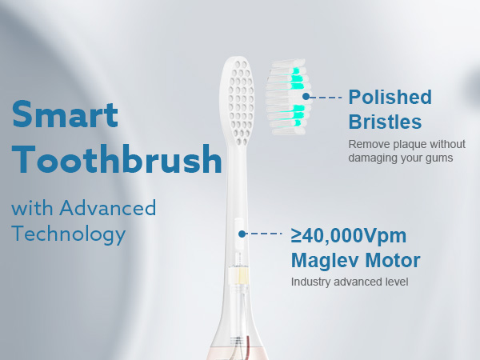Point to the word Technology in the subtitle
pyautogui.click(x=68, y=234)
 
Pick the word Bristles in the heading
pyautogui.click(x=384, y=122)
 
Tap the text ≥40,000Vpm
pyautogui.click(x=348, y=236)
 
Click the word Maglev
pyautogui.click(x=320, y=261)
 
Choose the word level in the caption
pyautogui.click(x=396, y=282)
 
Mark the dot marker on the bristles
pyautogui.click(x=304, y=97)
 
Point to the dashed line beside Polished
pyautogui.click(x=326, y=97)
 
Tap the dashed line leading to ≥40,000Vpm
pyautogui.click(x=265, y=234)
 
